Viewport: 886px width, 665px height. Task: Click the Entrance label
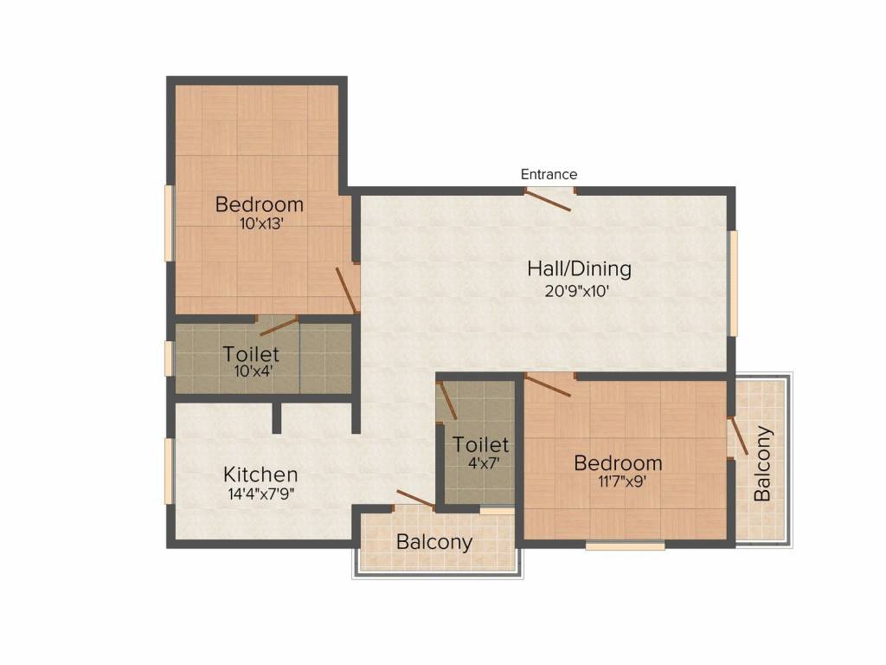coord(549,174)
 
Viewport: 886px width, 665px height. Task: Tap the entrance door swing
coord(548,201)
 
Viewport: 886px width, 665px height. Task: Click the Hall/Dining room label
coord(579,268)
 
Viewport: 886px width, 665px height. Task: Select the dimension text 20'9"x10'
coord(576,291)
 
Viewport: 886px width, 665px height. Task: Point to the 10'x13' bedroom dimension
coord(261,223)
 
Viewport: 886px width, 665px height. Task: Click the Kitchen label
coord(260,474)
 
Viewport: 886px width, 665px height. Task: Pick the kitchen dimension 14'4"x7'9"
coord(260,494)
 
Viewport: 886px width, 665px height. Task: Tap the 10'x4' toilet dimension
coord(254,371)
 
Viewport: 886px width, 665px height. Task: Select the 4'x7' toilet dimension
coord(484,464)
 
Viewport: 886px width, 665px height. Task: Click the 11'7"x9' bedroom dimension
coord(622,481)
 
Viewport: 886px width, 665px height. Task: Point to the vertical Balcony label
coord(762,464)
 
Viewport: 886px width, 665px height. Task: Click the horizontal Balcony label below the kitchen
coord(434,542)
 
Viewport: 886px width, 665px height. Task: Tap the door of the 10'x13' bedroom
coord(346,289)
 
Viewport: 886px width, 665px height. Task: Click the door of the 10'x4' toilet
coord(279,326)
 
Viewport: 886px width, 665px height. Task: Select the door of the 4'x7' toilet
coord(447,401)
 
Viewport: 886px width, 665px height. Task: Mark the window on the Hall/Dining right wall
coord(733,283)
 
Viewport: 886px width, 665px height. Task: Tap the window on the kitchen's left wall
coord(169,471)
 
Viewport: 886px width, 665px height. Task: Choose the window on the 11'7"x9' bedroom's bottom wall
coord(625,546)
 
